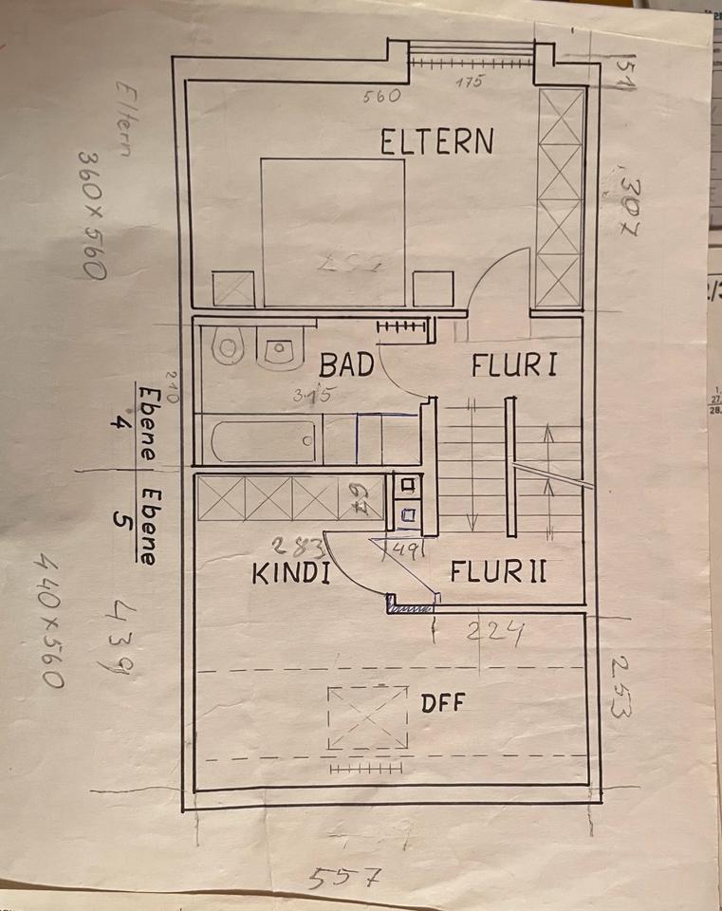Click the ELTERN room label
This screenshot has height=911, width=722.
pos(436,142)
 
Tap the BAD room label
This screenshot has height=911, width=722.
pos(346,365)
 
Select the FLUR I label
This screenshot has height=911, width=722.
pos(514,365)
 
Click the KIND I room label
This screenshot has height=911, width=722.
pos(290,574)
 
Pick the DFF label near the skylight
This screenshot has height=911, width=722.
pos(443,703)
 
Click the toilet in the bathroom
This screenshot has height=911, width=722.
pos(228,348)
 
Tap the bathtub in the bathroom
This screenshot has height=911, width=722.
pos(263,441)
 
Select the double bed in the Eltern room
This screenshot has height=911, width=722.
pos(333,232)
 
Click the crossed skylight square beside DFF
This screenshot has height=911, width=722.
pos(367,718)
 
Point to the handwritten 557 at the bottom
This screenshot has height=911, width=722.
pos(339,878)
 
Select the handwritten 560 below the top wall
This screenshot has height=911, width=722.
pos(382,95)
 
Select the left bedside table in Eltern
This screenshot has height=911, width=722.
pos(233,288)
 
